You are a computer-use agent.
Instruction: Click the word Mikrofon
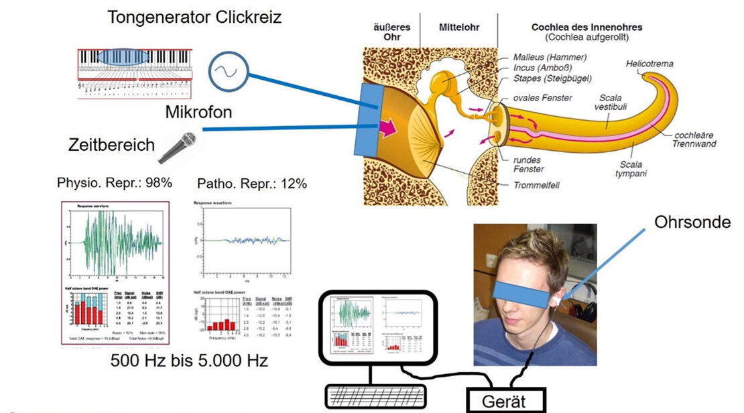198,112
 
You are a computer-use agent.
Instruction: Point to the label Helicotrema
649,64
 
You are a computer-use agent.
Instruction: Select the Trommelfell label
538,185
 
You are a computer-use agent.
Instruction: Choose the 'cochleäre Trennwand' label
696,139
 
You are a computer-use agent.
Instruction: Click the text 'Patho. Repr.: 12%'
252,183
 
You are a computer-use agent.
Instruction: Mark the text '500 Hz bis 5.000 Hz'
189,361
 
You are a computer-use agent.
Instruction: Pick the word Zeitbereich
111,145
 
